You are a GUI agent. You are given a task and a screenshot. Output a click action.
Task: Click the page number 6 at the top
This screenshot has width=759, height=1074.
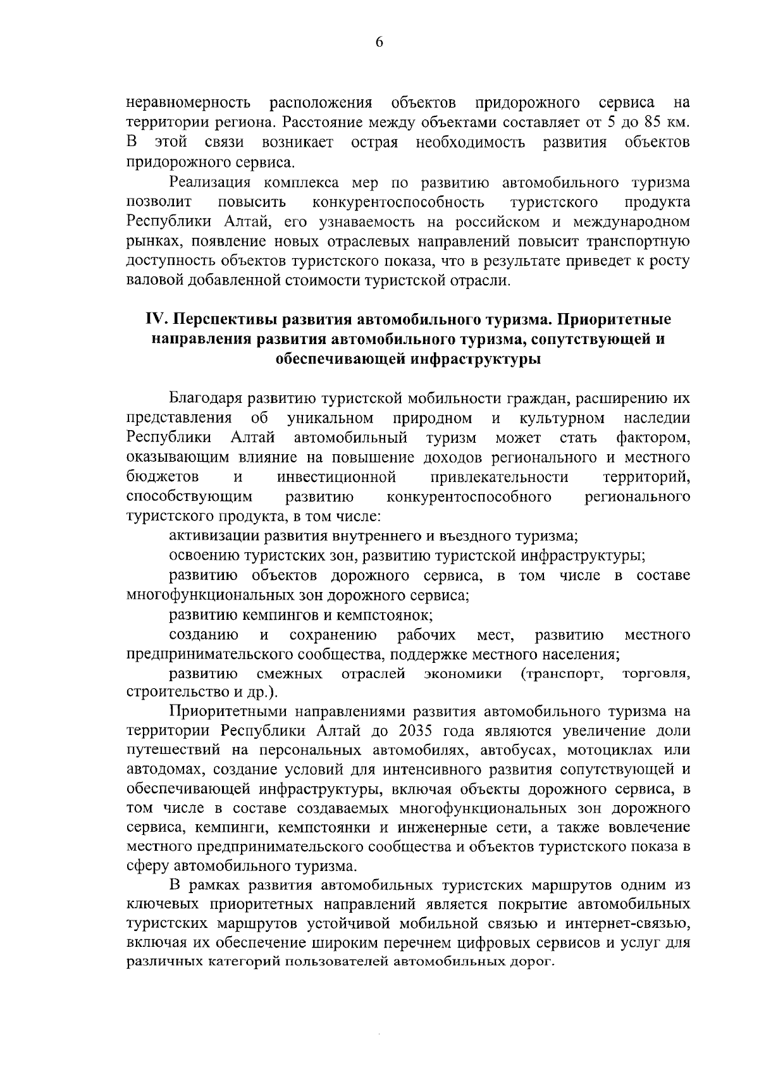pyautogui.click(x=379, y=42)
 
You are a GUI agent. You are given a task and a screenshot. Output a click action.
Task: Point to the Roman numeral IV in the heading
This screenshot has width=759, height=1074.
pyautogui.click(x=156, y=318)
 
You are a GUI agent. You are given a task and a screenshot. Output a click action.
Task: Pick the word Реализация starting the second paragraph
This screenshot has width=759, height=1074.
pyautogui.click(x=207, y=183)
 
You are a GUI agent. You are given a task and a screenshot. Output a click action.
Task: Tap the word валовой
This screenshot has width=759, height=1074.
pyautogui.click(x=154, y=280)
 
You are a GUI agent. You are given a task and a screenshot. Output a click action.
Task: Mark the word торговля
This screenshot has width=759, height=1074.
pyautogui.click(x=656, y=674)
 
